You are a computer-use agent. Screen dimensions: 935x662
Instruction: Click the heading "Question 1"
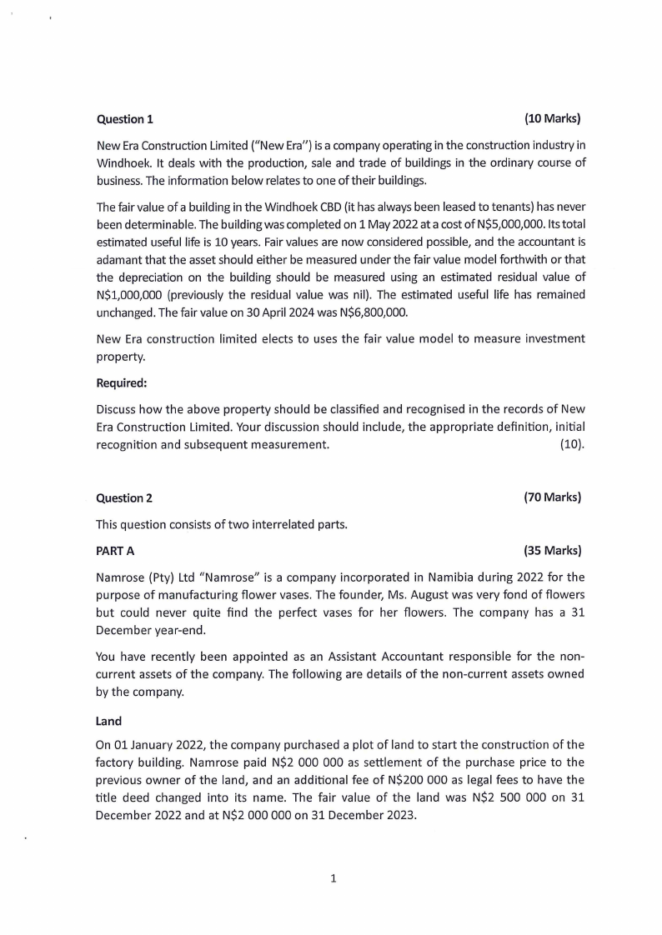tap(125, 118)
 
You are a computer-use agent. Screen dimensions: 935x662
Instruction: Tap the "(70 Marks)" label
tap(552, 497)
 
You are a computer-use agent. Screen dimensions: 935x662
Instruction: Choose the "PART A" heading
tap(116, 551)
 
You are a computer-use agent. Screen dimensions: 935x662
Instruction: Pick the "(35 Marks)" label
tap(552, 550)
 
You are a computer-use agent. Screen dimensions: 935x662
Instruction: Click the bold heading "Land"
tap(109, 721)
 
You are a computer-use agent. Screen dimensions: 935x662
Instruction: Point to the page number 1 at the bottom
tap(333, 877)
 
